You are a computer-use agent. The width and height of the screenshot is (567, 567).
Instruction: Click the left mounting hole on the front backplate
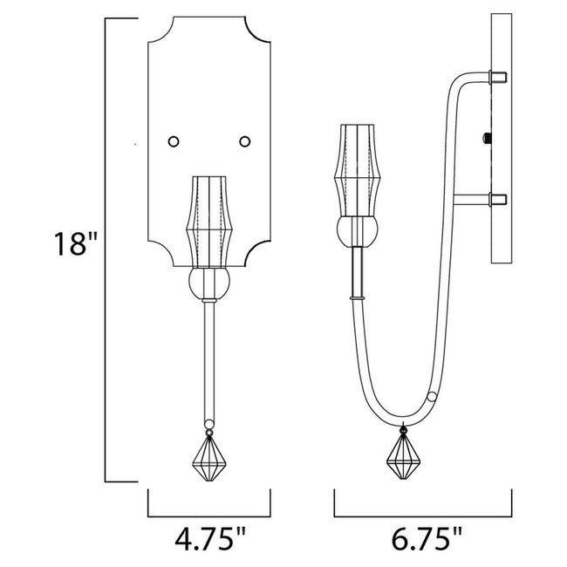click(x=174, y=140)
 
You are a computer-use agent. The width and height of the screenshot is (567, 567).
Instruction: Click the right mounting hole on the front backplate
click(x=244, y=140)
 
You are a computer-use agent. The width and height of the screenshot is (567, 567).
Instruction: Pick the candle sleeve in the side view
click(x=359, y=171)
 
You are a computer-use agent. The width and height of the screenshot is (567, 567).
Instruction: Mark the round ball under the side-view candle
click(x=359, y=232)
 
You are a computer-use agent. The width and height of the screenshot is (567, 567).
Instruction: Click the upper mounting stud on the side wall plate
click(x=499, y=78)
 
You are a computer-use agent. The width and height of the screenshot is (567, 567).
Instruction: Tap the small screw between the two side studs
click(x=486, y=137)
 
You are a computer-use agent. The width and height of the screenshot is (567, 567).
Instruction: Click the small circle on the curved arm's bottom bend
click(x=434, y=397)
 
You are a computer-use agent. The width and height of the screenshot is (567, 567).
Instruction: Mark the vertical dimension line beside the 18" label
click(x=106, y=249)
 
